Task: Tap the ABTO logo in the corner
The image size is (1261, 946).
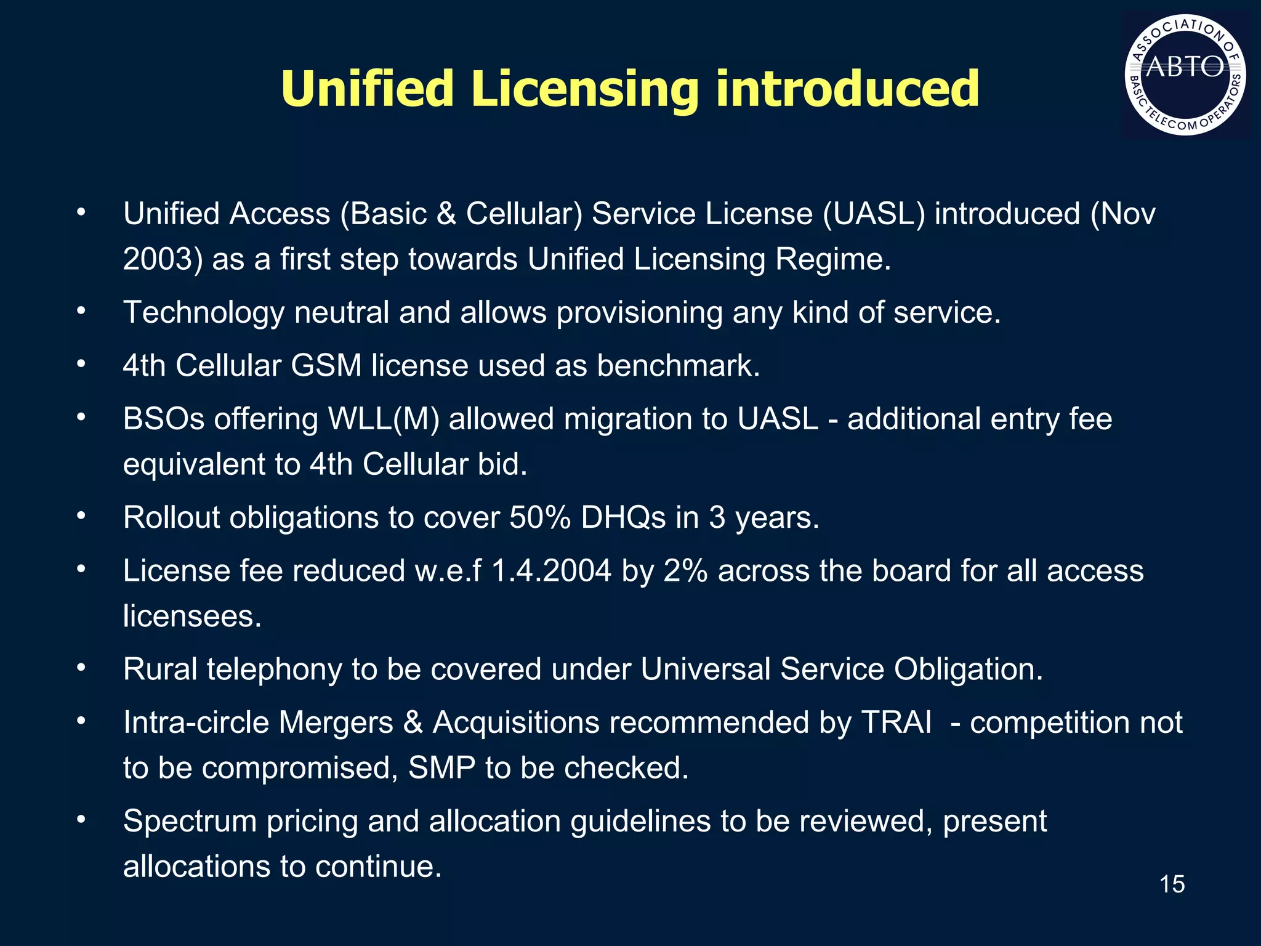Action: pos(1185,75)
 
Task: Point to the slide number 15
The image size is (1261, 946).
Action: pos(1172,884)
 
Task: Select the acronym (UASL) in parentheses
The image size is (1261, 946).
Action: pos(874,214)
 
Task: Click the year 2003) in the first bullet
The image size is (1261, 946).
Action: pos(163,259)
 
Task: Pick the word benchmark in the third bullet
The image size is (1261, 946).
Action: pos(679,366)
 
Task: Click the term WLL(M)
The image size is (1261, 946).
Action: pos(384,419)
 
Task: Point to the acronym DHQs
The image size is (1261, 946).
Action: pos(623,518)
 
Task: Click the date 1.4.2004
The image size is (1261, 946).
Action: pos(551,571)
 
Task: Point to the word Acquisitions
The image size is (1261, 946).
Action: pos(516,723)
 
